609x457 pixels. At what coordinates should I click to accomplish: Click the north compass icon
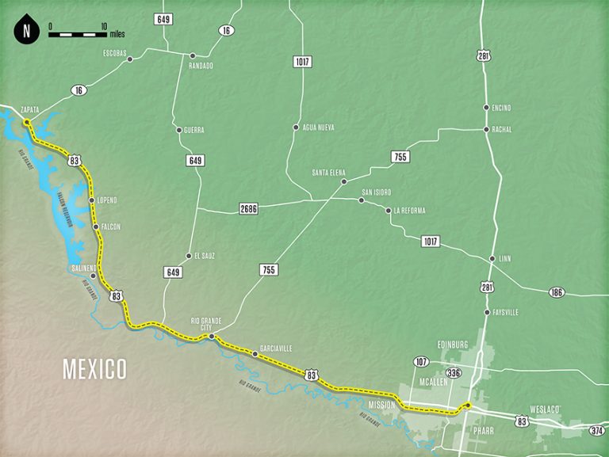27,32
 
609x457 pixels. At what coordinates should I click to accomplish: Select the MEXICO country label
95,368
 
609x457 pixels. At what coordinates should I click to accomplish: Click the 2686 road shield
248,209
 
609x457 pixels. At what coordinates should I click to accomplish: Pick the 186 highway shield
556,293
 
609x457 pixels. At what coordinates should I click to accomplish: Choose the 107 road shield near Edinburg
421,361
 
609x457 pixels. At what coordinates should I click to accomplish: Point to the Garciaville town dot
255,355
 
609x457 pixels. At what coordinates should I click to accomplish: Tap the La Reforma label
409,211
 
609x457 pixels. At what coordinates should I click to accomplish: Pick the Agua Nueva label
315,127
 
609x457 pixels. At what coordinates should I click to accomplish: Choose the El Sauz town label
205,256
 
